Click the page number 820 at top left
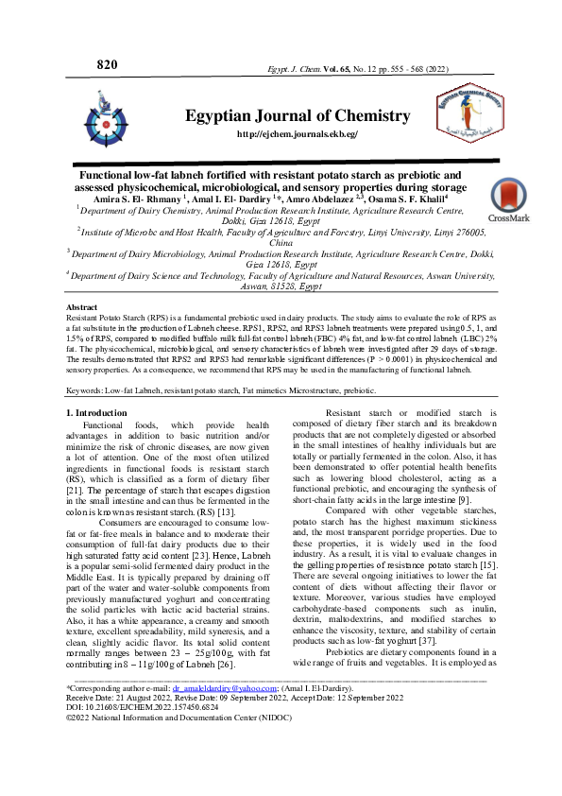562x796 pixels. [107, 64]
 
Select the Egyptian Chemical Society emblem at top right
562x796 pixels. [480, 122]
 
